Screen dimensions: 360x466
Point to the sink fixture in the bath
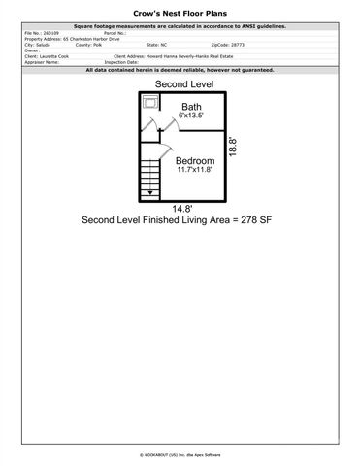(150, 101)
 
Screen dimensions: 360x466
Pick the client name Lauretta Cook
(56, 56)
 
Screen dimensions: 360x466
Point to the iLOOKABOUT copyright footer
(180, 453)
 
